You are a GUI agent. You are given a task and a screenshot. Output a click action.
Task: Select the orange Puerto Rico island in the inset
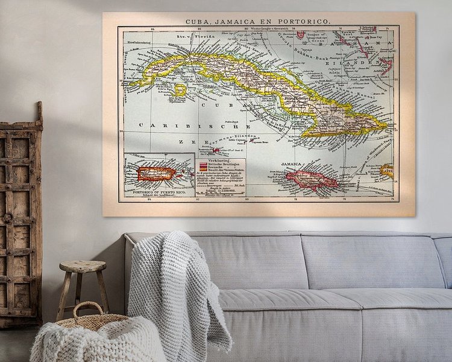[x=155, y=174]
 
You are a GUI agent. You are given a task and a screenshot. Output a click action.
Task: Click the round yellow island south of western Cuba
[x=180, y=89]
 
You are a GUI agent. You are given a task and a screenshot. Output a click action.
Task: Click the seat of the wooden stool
[x=83, y=266]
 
